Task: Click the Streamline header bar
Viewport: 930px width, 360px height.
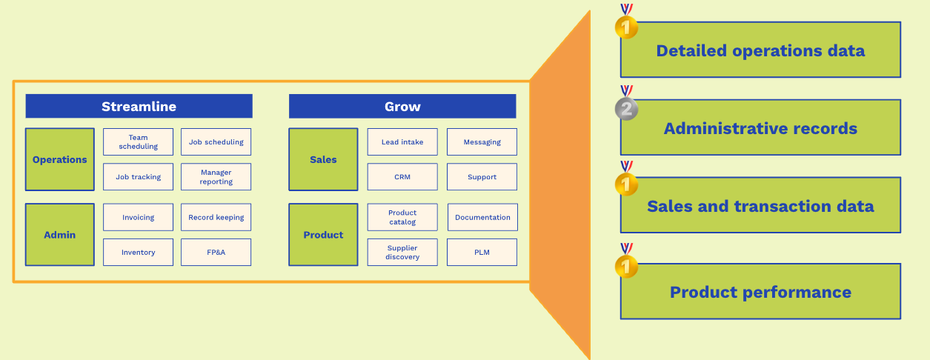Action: tap(139, 106)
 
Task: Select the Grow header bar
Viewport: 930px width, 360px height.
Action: tap(402, 106)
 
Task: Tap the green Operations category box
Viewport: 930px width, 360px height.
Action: tap(60, 159)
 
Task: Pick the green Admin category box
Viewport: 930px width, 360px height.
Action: tap(60, 235)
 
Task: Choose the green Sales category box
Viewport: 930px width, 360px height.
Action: tap(323, 159)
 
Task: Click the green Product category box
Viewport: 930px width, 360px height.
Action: tap(323, 235)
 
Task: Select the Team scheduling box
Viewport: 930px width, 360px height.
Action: tap(139, 141)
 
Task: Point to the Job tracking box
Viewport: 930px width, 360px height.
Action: tap(139, 177)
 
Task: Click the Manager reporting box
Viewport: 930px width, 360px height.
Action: tap(216, 177)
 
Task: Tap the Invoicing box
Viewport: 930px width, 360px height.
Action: tap(139, 217)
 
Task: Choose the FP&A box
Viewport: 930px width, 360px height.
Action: tap(216, 253)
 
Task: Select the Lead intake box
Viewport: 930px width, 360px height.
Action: tap(402, 141)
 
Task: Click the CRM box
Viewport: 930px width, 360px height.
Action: tap(402, 177)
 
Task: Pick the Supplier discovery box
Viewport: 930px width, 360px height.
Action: tap(402, 253)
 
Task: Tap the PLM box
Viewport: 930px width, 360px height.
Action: tap(482, 253)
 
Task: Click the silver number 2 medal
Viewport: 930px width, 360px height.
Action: tap(627, 109)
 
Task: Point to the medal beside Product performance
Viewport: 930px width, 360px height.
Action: tap(627, 265)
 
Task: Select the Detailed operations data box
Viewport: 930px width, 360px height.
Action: tap(760, 50)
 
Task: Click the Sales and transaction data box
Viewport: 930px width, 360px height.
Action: tap(760, 206)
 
